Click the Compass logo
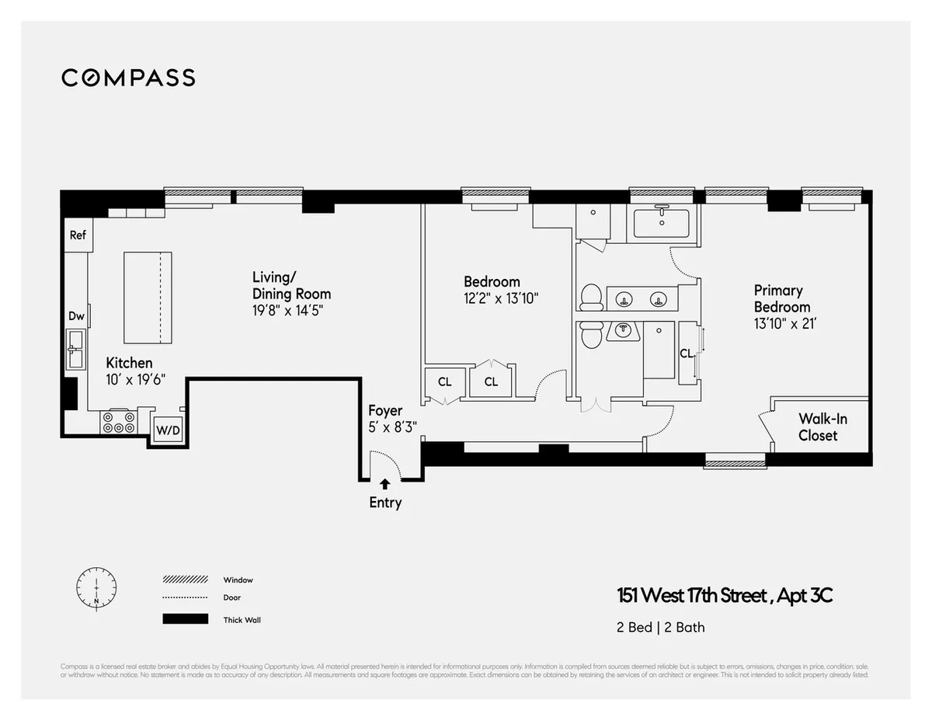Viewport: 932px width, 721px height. pos(128,78)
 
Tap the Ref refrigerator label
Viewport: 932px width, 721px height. pos(78,235)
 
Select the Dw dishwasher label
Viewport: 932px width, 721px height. pos(76,315)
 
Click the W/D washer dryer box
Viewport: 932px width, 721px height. pos(167,430)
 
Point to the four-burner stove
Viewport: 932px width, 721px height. pos(117,422)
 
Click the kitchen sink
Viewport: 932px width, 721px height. pos(76,347)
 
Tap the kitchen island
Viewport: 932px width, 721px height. pos(148,297)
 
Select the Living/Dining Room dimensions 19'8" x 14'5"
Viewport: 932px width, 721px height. pos(287,310)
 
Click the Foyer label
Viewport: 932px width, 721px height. pos(385,410)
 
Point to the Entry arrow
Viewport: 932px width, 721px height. pos(384,484)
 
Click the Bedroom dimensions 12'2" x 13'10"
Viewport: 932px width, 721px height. pos(501,298)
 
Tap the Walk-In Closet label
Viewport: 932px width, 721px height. pos(822,427)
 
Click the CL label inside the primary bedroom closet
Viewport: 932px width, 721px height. pos(687,353)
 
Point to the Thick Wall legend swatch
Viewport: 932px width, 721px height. pos(186,619)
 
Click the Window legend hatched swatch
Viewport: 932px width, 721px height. pos(186,580)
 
